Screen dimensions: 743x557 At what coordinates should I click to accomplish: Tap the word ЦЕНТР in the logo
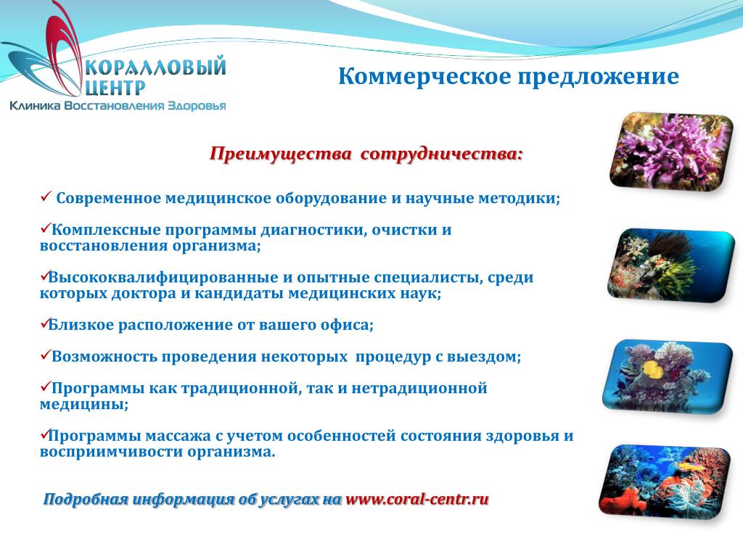tap(115, 88)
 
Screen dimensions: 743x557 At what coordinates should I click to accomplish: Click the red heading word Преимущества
tap(281, 154)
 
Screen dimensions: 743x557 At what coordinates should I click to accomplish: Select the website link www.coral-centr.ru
tap(417, 499)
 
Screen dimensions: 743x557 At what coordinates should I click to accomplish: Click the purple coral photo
tap(671, 152)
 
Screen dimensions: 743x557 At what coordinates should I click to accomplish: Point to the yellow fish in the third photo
tap(651, 368)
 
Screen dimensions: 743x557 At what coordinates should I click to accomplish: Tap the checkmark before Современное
tap(46, 196)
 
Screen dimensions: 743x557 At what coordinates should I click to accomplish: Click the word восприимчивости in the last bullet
tap(111, 452)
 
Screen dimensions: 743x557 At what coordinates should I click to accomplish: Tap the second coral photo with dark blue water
tap(671, 265)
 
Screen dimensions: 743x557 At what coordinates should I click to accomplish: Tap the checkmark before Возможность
tap(46, 354)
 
